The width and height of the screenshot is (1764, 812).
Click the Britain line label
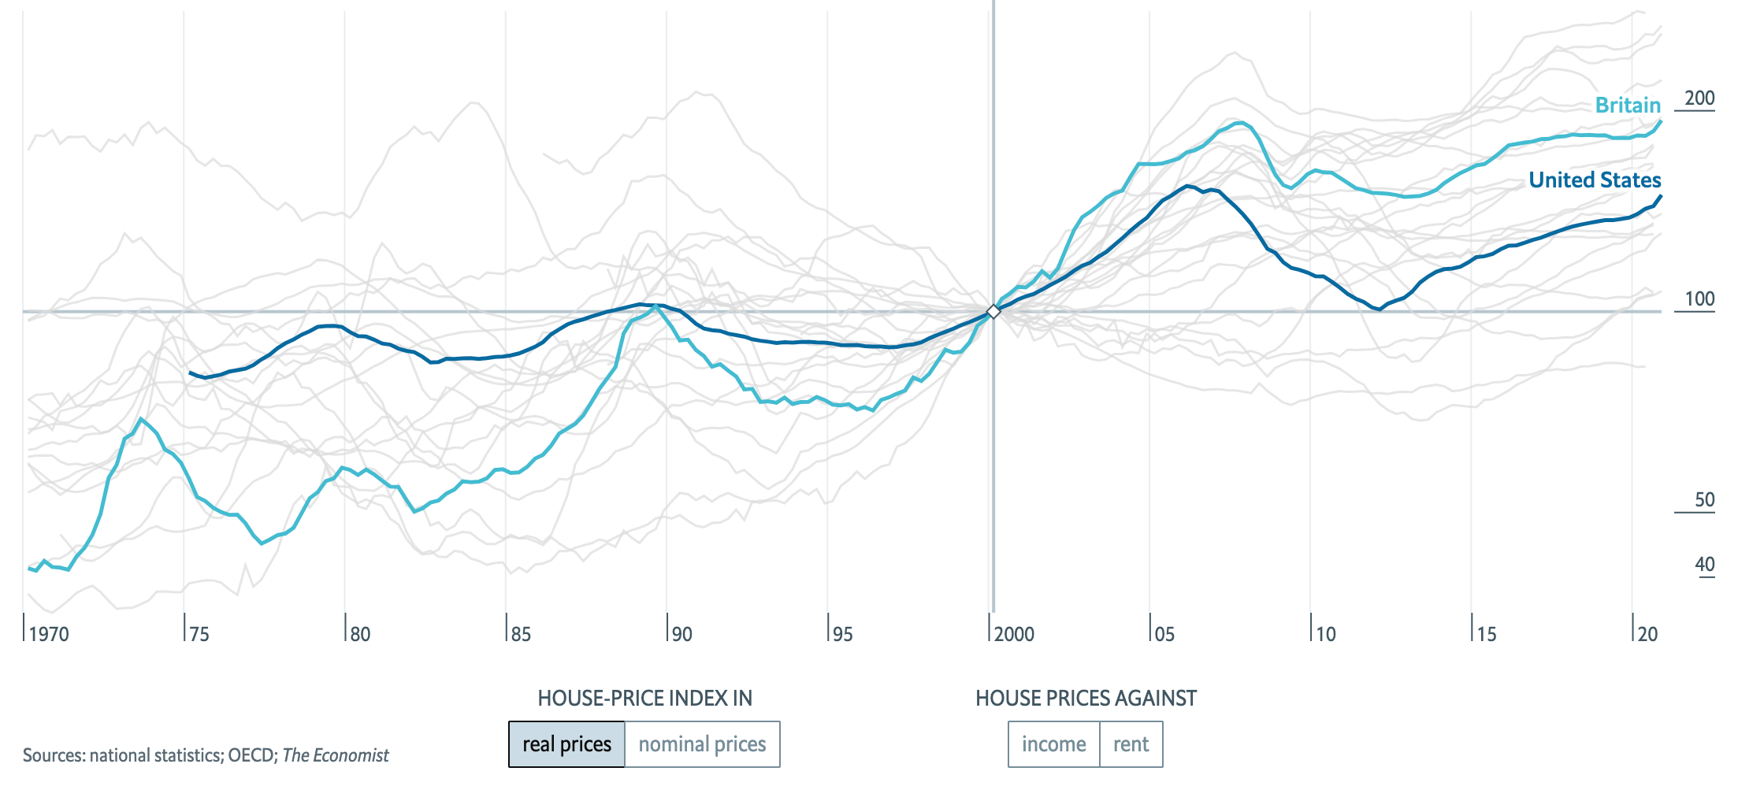[x=1627, y=105]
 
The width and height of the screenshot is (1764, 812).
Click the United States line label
[x=1594, y=180]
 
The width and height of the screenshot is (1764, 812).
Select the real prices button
[x=566, y=744]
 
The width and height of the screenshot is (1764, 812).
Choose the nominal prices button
[x=702, y=744]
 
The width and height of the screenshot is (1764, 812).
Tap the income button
[x=1053, y=744]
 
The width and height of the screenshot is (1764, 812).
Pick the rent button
[x=1131, y=744]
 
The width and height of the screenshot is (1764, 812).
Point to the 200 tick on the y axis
[x=1699, y=98]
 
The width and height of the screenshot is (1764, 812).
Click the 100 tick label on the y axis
[x=1699, y=299]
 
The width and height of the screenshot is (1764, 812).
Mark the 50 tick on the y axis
[x=1703, y=500]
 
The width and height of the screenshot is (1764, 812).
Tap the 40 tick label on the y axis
[x=1704, y=565]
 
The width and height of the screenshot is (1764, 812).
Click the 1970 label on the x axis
[x=49, y=634]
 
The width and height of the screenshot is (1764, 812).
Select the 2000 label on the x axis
[x=1014, y=634]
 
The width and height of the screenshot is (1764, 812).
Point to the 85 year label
[x=521, y=634]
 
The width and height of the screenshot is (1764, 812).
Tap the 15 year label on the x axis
[x=1486, y=634]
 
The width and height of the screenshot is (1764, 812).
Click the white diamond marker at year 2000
[x=993, y=312]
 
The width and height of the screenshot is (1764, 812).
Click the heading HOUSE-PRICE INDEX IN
[x=644, y=698]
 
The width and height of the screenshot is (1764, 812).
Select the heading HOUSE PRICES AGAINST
[x=1086, y=698]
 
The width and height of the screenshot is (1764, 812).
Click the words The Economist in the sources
[x=336, y=755]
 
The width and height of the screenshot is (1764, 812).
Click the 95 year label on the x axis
[x=842, y=634]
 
